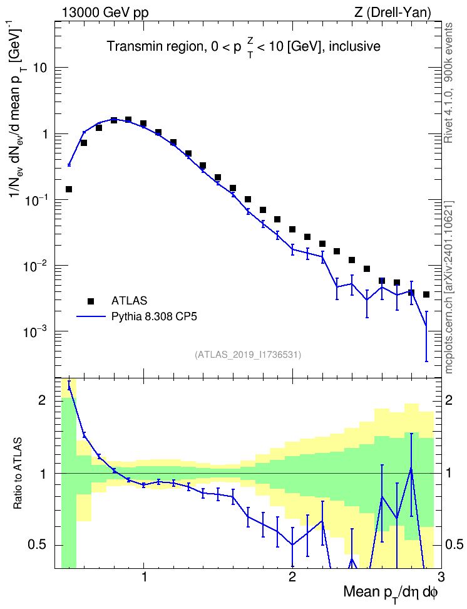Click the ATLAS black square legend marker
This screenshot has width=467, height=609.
point(91,301)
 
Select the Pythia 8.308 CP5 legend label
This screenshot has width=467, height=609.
point(154,317)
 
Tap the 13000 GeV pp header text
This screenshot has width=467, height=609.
point(105,13)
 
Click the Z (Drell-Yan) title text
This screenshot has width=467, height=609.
point(393,13)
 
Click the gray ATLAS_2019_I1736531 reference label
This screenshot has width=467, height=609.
point(248,355)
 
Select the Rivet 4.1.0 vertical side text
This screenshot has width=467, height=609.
point(448,83)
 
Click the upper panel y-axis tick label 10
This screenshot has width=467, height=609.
point(39,68)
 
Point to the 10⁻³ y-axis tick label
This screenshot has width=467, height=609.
point(35,331)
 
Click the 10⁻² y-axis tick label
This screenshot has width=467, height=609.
point(35,265)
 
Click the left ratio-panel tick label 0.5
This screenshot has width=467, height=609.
point(38,545)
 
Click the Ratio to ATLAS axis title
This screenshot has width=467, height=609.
point(18,474)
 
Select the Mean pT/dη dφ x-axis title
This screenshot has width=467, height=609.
point(391,593)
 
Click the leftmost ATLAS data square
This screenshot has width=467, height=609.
point(69,189)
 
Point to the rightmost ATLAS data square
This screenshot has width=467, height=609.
point(426,294)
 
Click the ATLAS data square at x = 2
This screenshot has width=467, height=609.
point(292,229)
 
